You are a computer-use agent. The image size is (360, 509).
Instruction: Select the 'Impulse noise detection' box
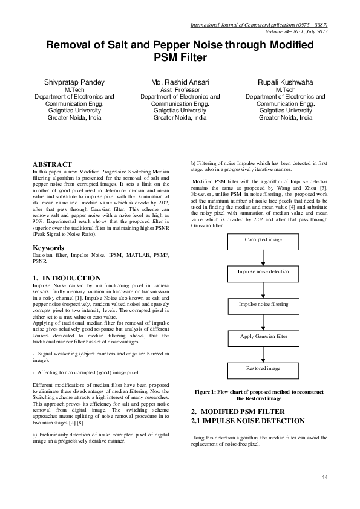263,273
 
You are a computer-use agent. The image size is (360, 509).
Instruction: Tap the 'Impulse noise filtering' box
263,305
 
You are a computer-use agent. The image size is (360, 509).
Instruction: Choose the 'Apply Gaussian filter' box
263,336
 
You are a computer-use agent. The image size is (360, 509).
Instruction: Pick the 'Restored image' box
263,368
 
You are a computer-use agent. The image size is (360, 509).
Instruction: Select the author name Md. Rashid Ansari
180,81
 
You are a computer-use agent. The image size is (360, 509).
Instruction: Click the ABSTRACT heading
52,164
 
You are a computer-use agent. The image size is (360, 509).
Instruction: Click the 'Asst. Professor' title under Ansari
180,89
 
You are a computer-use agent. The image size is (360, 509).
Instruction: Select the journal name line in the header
259,25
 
